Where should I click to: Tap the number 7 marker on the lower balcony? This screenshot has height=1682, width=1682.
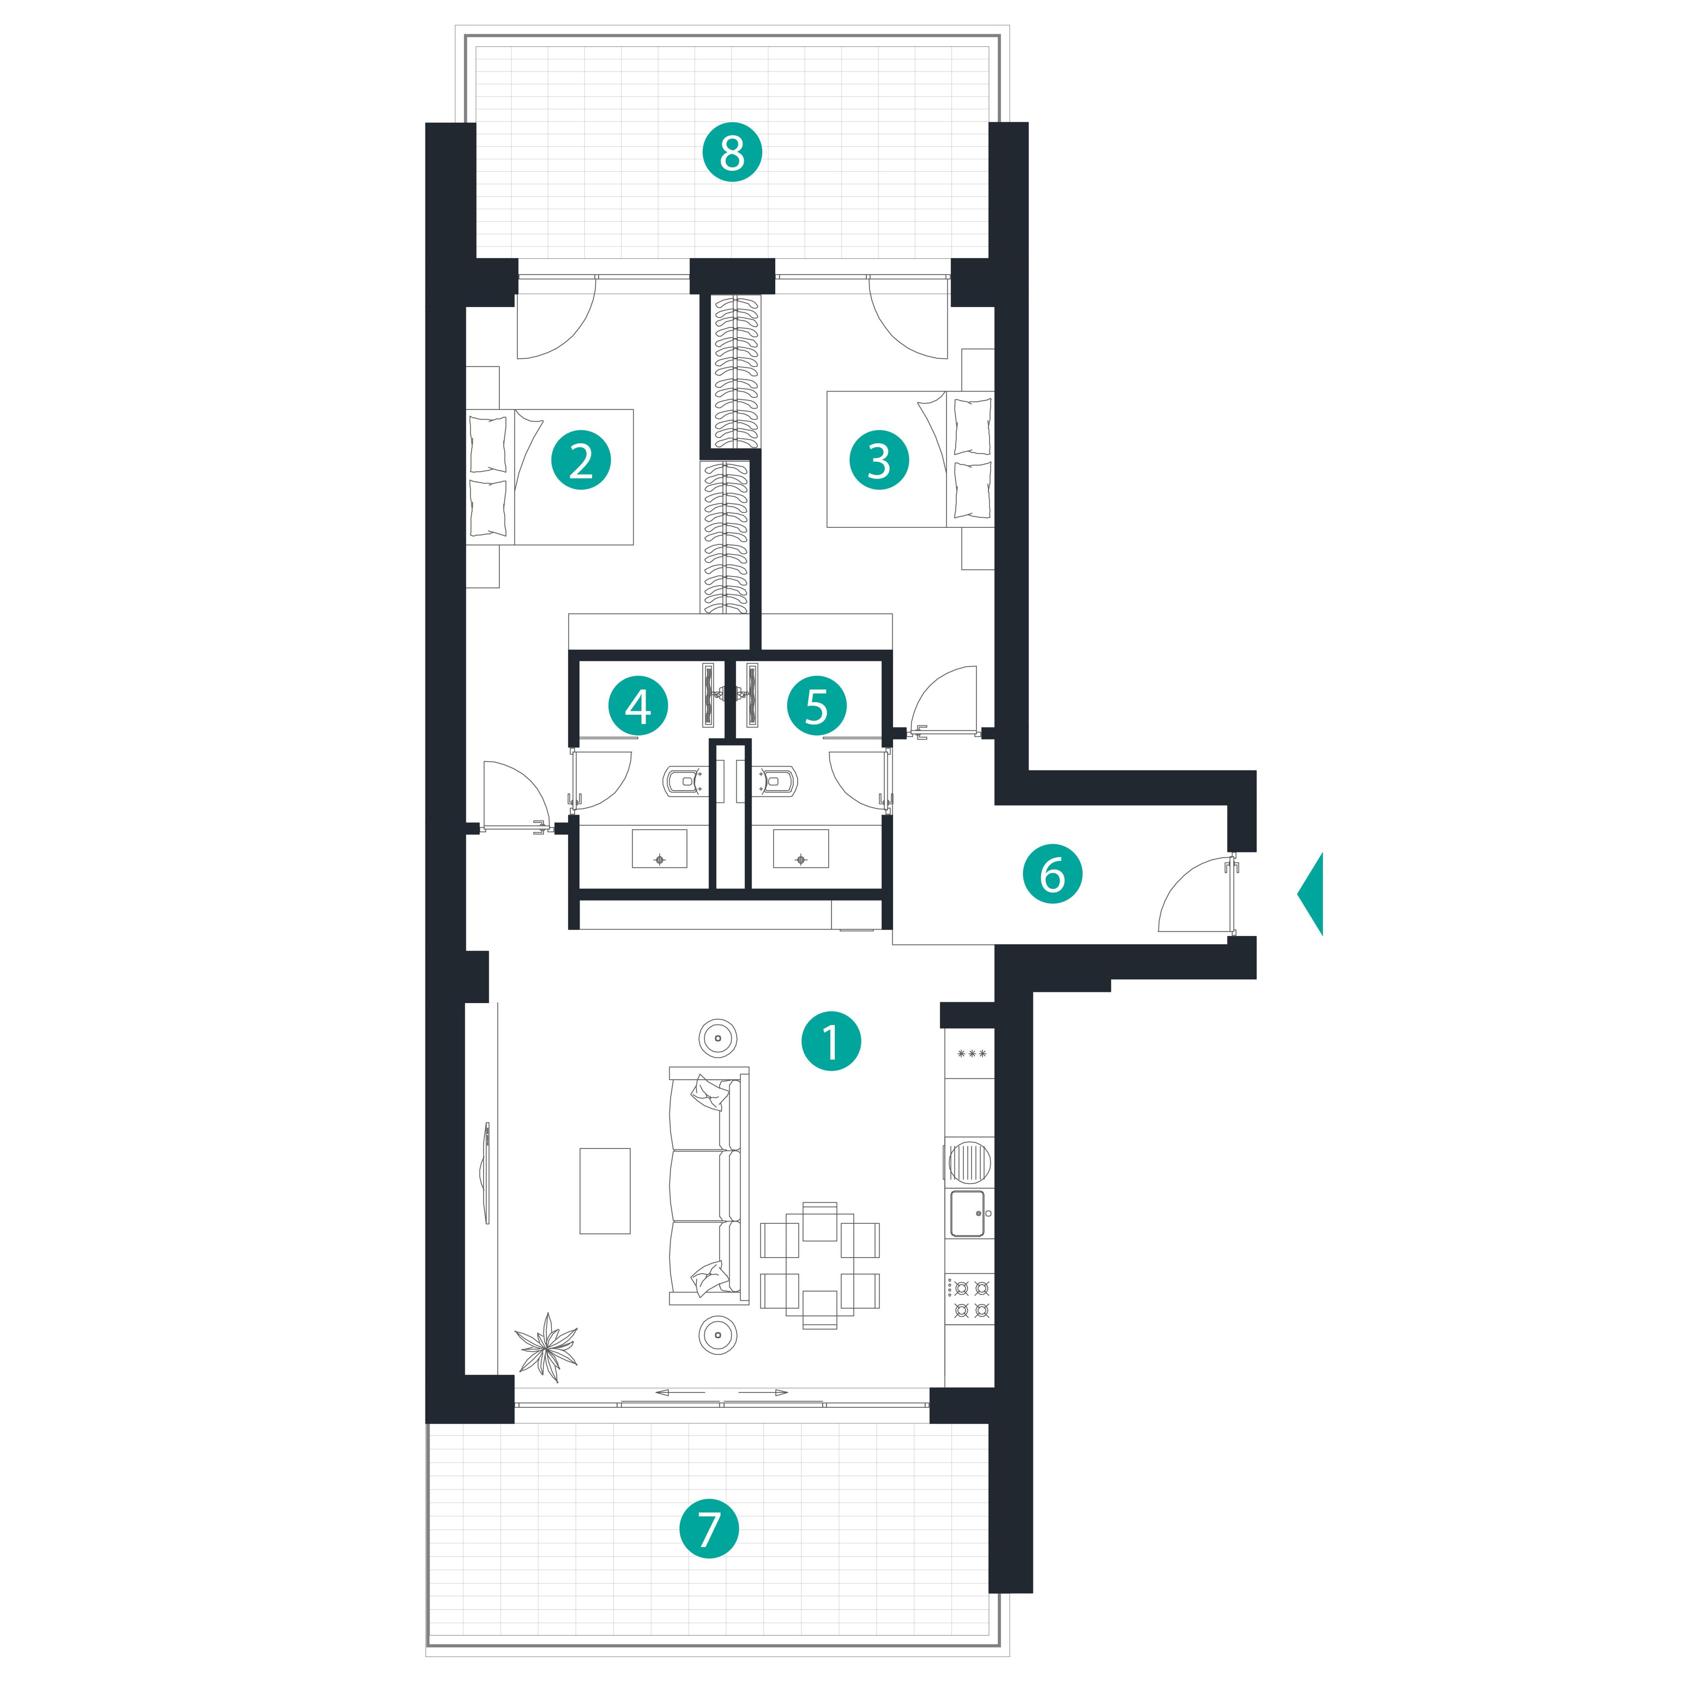(x=709, y=1529)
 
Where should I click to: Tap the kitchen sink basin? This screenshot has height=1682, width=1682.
(x=968, y=1214)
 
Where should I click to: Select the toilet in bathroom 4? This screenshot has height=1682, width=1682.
(x=687, y=781)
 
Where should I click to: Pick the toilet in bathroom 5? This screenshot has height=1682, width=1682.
(x=771, y=781)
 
